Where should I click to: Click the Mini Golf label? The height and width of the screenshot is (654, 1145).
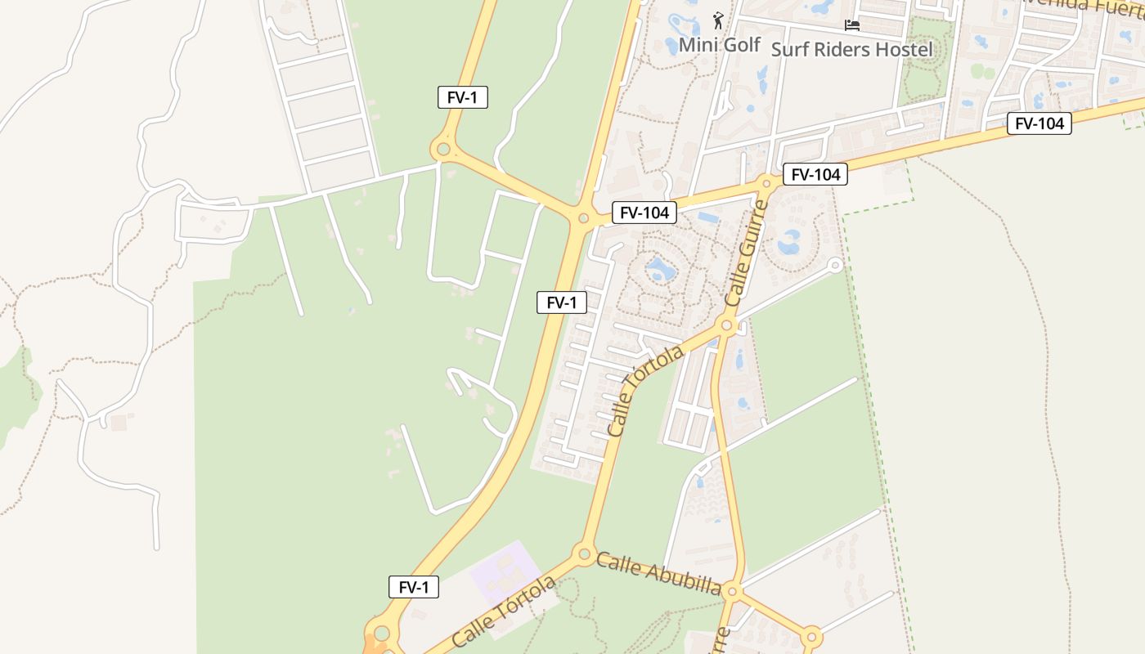(720, 45)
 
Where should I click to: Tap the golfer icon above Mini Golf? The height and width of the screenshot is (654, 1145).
(718, 20)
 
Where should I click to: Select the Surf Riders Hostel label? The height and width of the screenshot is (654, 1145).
(851, 49)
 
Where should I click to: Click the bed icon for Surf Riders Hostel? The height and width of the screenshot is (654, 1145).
(852, 25)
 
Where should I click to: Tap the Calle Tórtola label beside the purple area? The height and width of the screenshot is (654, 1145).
(503, 611)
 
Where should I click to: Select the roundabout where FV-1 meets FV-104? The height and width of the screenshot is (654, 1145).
(583, 218)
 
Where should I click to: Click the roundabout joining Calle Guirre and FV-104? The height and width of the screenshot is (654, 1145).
(766, 181)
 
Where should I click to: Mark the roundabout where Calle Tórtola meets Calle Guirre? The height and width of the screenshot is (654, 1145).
(726, 326)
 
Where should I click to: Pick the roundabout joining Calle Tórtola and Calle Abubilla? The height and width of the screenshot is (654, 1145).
(584, 554)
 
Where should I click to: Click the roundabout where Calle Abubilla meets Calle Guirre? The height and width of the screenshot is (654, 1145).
(732, 591)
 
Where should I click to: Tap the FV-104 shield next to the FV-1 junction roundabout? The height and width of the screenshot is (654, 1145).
(644, 213)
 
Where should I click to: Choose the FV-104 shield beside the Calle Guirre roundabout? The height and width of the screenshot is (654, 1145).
(815, 174)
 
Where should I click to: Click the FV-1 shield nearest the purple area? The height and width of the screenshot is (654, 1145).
(414, 587)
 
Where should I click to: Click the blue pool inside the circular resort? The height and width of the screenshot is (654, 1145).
(658, 269)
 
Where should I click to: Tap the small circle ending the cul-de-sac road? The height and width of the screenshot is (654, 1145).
(835, 265)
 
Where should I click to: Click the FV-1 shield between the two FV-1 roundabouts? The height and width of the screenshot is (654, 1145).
(562, 302)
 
